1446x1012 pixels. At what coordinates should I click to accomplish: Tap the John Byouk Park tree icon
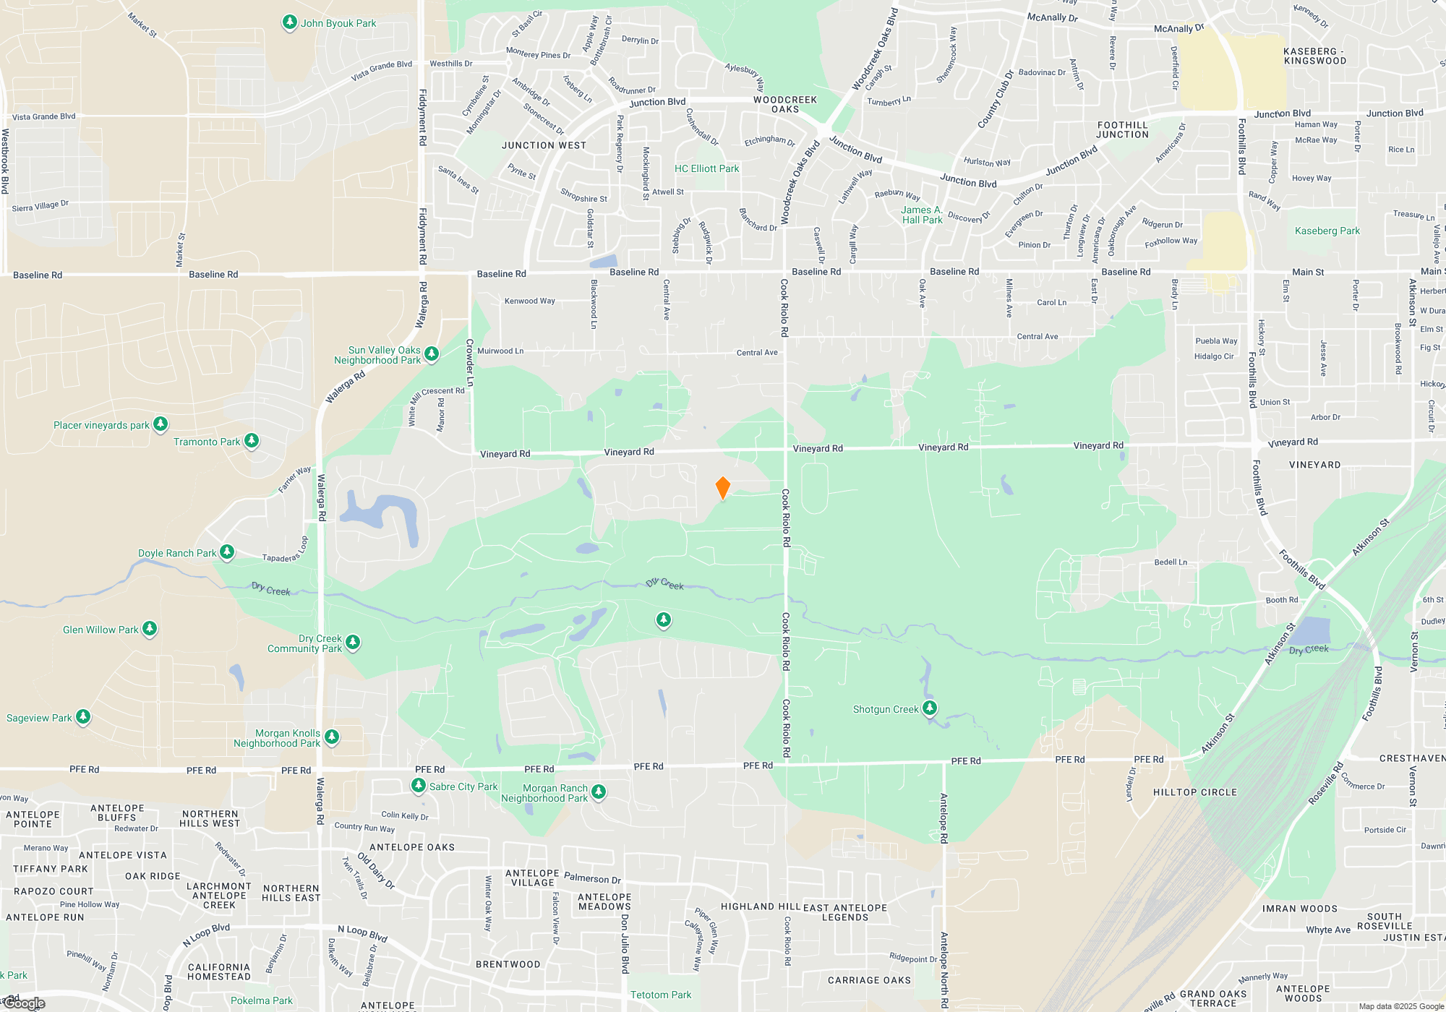[289, 22]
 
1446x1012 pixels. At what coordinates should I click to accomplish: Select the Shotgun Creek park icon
[930, 708]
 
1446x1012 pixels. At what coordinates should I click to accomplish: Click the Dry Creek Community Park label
[304, 643]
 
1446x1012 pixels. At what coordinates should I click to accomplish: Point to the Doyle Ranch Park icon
[227, 552]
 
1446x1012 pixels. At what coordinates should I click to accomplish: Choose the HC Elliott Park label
[706, 168]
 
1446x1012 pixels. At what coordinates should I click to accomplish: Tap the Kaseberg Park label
[1327, 231]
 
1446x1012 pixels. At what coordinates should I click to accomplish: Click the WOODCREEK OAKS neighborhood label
[784, 105]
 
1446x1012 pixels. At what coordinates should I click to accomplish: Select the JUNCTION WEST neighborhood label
[544, 145]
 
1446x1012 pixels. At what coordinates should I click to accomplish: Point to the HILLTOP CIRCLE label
[1194, 792]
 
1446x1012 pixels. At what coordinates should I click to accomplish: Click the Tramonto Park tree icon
[251, 440]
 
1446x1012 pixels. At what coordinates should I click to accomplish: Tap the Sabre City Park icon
[418, 786]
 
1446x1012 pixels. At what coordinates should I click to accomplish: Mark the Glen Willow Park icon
[149, 629]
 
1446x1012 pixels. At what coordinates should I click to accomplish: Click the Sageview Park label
[39, 718]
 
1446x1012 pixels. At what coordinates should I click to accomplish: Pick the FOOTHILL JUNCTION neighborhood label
[1122, 130]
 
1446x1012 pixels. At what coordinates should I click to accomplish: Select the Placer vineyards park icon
[161, 424]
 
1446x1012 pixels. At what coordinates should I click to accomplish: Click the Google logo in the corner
[25, 1003]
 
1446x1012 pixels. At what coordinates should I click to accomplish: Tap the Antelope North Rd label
[944, 818]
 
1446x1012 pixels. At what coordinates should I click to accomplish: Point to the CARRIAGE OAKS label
[869, 980]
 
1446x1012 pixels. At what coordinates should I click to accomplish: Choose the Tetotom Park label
[660, 995]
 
